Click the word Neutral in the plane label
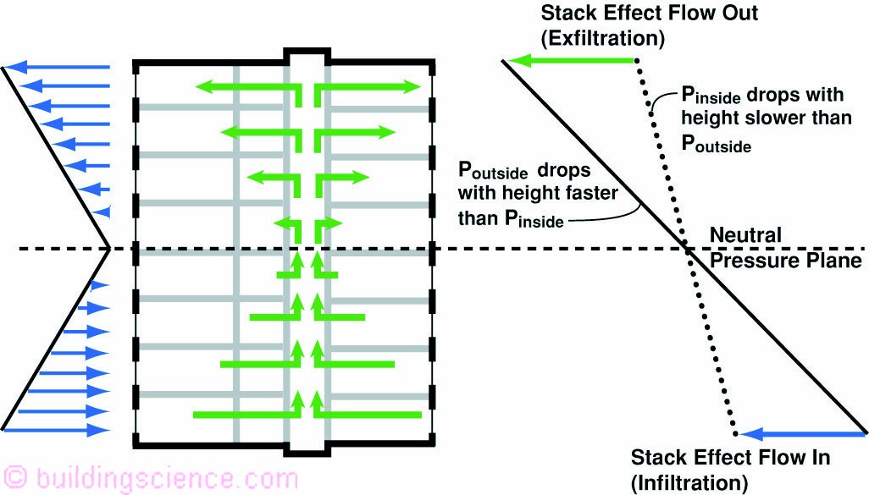click(745, 234)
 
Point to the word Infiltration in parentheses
click(690, 483)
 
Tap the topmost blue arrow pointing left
click(59, 66)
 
